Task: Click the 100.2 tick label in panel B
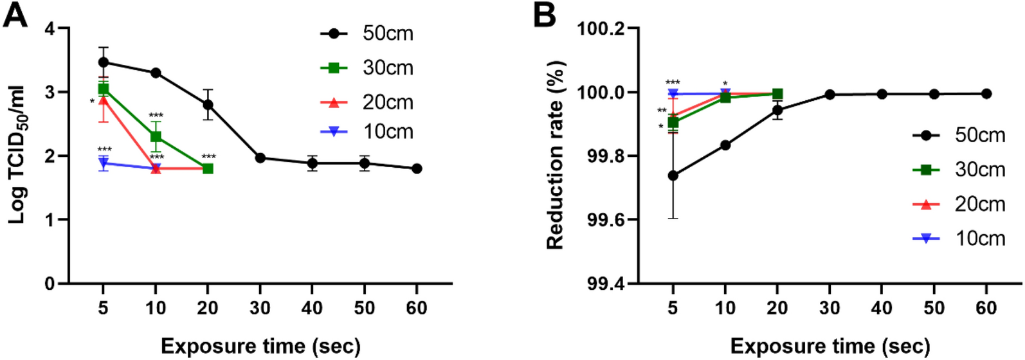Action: click(x=601, y=29)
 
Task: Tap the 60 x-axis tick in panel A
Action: click(x=417, y=309)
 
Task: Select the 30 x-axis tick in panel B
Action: click(x=830, y=309)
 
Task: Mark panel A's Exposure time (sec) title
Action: click(x=260, y=346)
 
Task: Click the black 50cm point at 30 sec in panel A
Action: click(x=260, y=158)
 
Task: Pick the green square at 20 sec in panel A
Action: click(x=208, y=168)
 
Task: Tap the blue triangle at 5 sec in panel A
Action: click(x=104, y=163)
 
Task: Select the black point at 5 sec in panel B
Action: click(x=673, y=175)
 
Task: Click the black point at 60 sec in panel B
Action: click(x=986, y=94)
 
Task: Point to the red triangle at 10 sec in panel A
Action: click(x=156, y=168)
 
